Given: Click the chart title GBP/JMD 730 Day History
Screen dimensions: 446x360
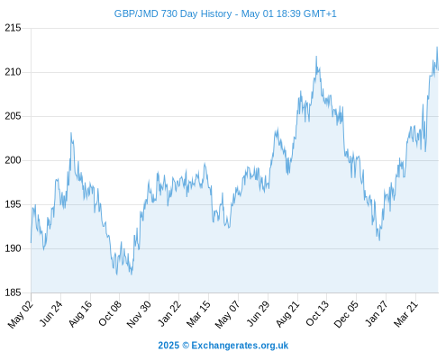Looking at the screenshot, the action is point(173,13).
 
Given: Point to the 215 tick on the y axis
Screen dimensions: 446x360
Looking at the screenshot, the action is point(13,28).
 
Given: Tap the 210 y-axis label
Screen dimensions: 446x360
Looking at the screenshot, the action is point(13,72).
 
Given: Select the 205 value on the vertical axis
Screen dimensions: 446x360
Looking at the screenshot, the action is point(13,116).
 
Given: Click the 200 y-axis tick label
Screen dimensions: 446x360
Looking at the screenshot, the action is point(13,160).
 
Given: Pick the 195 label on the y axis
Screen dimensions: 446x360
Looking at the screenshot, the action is point(13,204).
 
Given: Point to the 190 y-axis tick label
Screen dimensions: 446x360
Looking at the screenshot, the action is point(13,248).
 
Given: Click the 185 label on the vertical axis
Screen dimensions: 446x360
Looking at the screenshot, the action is point(13,292).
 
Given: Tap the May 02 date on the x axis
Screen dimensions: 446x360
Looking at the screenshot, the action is point(21,314).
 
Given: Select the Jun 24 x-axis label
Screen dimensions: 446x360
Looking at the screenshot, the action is point(51,313).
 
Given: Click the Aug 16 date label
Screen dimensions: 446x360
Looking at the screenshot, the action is point(80,314).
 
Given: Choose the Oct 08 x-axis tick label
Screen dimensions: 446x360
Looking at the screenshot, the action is point(110,314).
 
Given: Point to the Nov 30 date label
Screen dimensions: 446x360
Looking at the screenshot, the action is point(139,314).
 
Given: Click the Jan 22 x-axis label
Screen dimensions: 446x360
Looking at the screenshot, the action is point(169,313).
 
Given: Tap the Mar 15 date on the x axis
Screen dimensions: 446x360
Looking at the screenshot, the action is point(198,314).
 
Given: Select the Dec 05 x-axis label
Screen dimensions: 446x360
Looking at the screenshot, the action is point(346,314).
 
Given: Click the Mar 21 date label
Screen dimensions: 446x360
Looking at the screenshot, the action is point(405,314).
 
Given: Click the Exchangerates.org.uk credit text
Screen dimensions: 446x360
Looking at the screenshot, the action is point(240,346).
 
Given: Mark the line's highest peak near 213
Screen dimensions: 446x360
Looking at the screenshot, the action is point(437,47).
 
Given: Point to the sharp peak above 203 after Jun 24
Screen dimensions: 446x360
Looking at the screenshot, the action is point(71,133).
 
